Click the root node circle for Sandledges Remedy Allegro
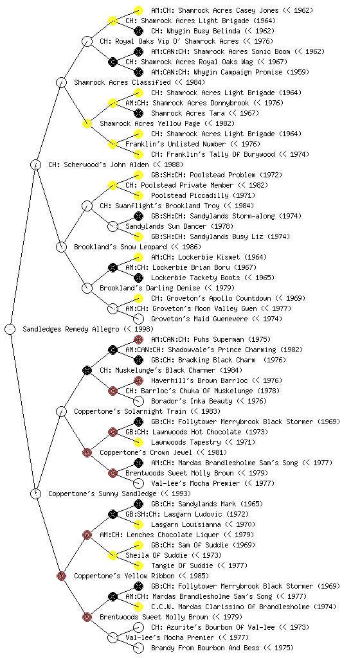10,329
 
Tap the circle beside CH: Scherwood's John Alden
36,164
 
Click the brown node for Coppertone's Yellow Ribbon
62,576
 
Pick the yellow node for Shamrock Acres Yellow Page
87,123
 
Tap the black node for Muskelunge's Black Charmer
87,370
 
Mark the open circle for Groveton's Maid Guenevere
138,319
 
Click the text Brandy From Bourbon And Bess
205,648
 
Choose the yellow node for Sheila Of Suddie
113,555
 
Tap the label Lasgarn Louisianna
186,524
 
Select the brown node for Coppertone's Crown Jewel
87,452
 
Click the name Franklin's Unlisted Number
175,144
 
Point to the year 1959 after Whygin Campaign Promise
298,72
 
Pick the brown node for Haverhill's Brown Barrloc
138,380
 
